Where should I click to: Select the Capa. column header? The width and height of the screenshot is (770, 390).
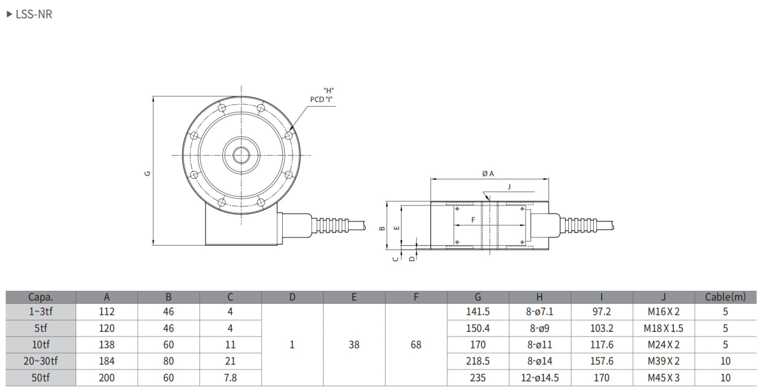(x=41, y=297)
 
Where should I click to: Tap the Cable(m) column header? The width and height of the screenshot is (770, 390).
(x=725, y=297)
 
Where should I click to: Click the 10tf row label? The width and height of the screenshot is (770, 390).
(x=41, y=345)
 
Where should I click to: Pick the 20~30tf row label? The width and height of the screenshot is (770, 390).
(x=41, y=361)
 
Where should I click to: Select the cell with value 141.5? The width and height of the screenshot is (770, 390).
(x=478, y=312)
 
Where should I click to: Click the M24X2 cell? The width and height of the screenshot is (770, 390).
(x=663, y=345)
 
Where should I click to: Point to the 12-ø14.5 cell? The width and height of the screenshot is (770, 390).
(x=540, y=377)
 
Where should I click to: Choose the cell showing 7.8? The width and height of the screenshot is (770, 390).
(x=230, y=377)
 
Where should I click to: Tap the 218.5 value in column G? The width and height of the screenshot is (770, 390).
(x=478, y=361)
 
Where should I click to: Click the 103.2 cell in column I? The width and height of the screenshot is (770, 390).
(x=601, y=328)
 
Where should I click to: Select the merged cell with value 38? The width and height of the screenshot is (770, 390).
(x=354, y=345)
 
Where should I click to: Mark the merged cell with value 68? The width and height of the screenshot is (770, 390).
(x=416, y=345)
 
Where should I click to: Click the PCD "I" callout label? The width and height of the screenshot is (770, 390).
(x=322, y=99)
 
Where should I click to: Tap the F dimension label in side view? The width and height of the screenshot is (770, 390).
(x=472, y=220)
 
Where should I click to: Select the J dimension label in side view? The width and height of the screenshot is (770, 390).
(x=509, y=187)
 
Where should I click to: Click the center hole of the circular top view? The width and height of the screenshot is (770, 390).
(x=241, y=155)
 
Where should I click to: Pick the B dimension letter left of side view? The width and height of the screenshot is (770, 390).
(x=382, y=227)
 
